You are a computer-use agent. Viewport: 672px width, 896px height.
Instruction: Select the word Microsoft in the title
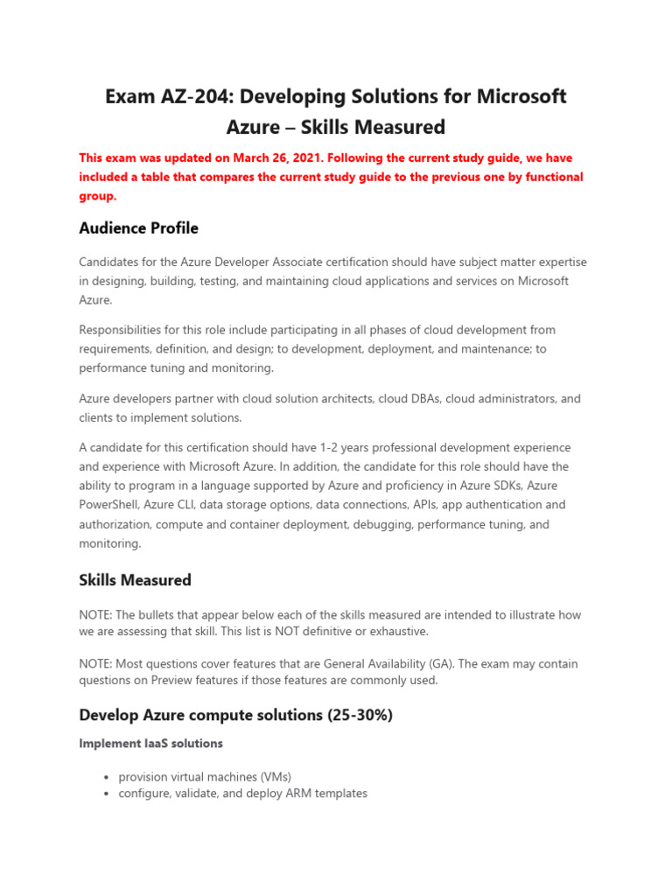(x=520, y=96)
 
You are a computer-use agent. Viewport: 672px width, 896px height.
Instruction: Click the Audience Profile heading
(x=138, y=228)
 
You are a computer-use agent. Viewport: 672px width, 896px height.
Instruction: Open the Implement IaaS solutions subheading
(x=150, y=744)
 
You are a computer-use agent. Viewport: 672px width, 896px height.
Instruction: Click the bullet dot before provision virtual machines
(x=105, y=778)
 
